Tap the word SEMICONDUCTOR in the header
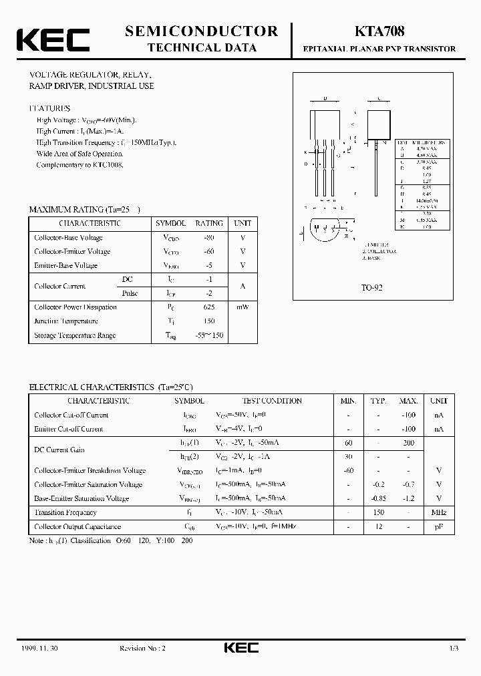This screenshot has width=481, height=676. tap(202, 31)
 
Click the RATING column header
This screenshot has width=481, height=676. tap(209, 223)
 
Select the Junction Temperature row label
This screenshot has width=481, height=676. tap(66, 321)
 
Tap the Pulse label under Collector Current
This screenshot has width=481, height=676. tap(130, 293)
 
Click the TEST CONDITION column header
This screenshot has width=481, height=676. tap(272, 401)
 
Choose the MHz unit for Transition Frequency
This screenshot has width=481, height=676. tap(438, 512)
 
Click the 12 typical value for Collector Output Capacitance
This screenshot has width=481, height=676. tap(378, 526)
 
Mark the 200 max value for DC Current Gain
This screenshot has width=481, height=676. tap(408, 443)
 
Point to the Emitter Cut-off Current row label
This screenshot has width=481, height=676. tap(69, 429)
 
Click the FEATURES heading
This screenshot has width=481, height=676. tap(49, 108)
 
